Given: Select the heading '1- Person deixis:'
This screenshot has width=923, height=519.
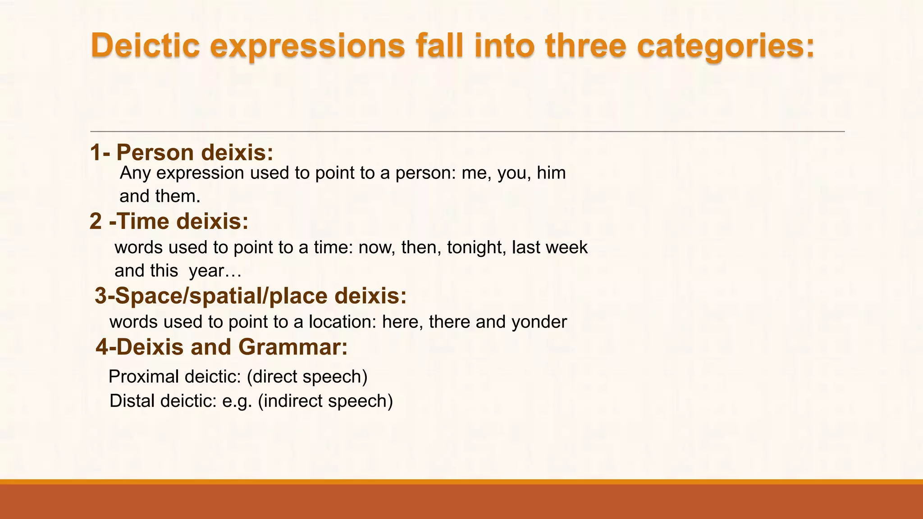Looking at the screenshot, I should tap(182, 152).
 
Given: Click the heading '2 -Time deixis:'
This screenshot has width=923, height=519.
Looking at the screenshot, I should tap(169, 221).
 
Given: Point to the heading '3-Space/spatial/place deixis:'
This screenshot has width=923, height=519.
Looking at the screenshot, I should tap(251, 296).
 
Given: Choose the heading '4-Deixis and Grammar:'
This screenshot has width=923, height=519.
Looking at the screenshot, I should tap(222, 347).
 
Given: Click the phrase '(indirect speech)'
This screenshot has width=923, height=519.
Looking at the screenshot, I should tap(325, 401).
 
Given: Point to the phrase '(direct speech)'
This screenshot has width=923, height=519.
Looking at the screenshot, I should tap(307, 377).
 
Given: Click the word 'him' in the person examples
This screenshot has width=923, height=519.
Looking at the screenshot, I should tap(551, 173).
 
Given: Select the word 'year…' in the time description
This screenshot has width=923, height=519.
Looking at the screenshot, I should tap(215, 271).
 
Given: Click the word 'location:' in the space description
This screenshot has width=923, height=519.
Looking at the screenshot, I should tap(342, 322).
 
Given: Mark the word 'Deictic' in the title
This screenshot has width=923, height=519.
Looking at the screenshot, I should tap(145, 46).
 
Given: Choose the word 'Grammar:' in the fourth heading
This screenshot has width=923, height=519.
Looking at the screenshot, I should tap(293, 347).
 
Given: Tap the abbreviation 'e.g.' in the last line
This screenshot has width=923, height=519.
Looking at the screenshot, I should tap(237, 401).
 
